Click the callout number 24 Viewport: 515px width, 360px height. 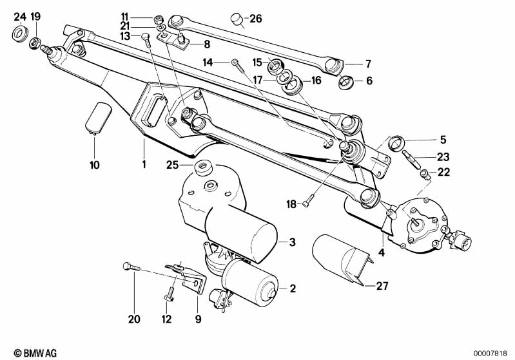coord(19,16)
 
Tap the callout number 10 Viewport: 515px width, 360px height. coord(95,165)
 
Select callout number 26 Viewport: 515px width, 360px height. coord(256,19)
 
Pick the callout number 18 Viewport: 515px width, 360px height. coord(291,204)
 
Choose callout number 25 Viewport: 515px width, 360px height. coord(171,165)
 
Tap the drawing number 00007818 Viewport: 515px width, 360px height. coord(492,353)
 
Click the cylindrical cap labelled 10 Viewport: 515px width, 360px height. coord(98,117)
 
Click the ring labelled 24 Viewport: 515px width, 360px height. coord(19,32)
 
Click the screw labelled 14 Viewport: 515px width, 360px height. coord(237,62)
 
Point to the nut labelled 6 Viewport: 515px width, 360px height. coord(346,82)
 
